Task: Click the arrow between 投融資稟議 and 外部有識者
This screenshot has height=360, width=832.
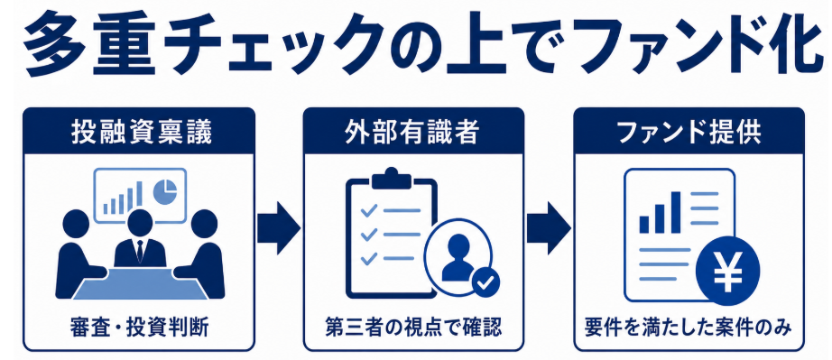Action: (x=279, y=227)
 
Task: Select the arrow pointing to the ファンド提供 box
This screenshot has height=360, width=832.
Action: (x=549, y=227)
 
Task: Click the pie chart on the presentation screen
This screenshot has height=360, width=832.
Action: (x=164, y=192)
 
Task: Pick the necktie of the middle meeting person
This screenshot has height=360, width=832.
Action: (x=140, y=250)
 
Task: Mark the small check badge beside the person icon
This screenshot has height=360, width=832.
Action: (x=484, y=282)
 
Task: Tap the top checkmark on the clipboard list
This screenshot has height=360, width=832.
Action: (x=369, y=211)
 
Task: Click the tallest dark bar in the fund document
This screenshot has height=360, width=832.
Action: (x=676, y=212)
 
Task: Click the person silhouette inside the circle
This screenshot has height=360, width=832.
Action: (x=458, y=257)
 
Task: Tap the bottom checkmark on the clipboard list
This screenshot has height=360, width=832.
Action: (x=369, y=258)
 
